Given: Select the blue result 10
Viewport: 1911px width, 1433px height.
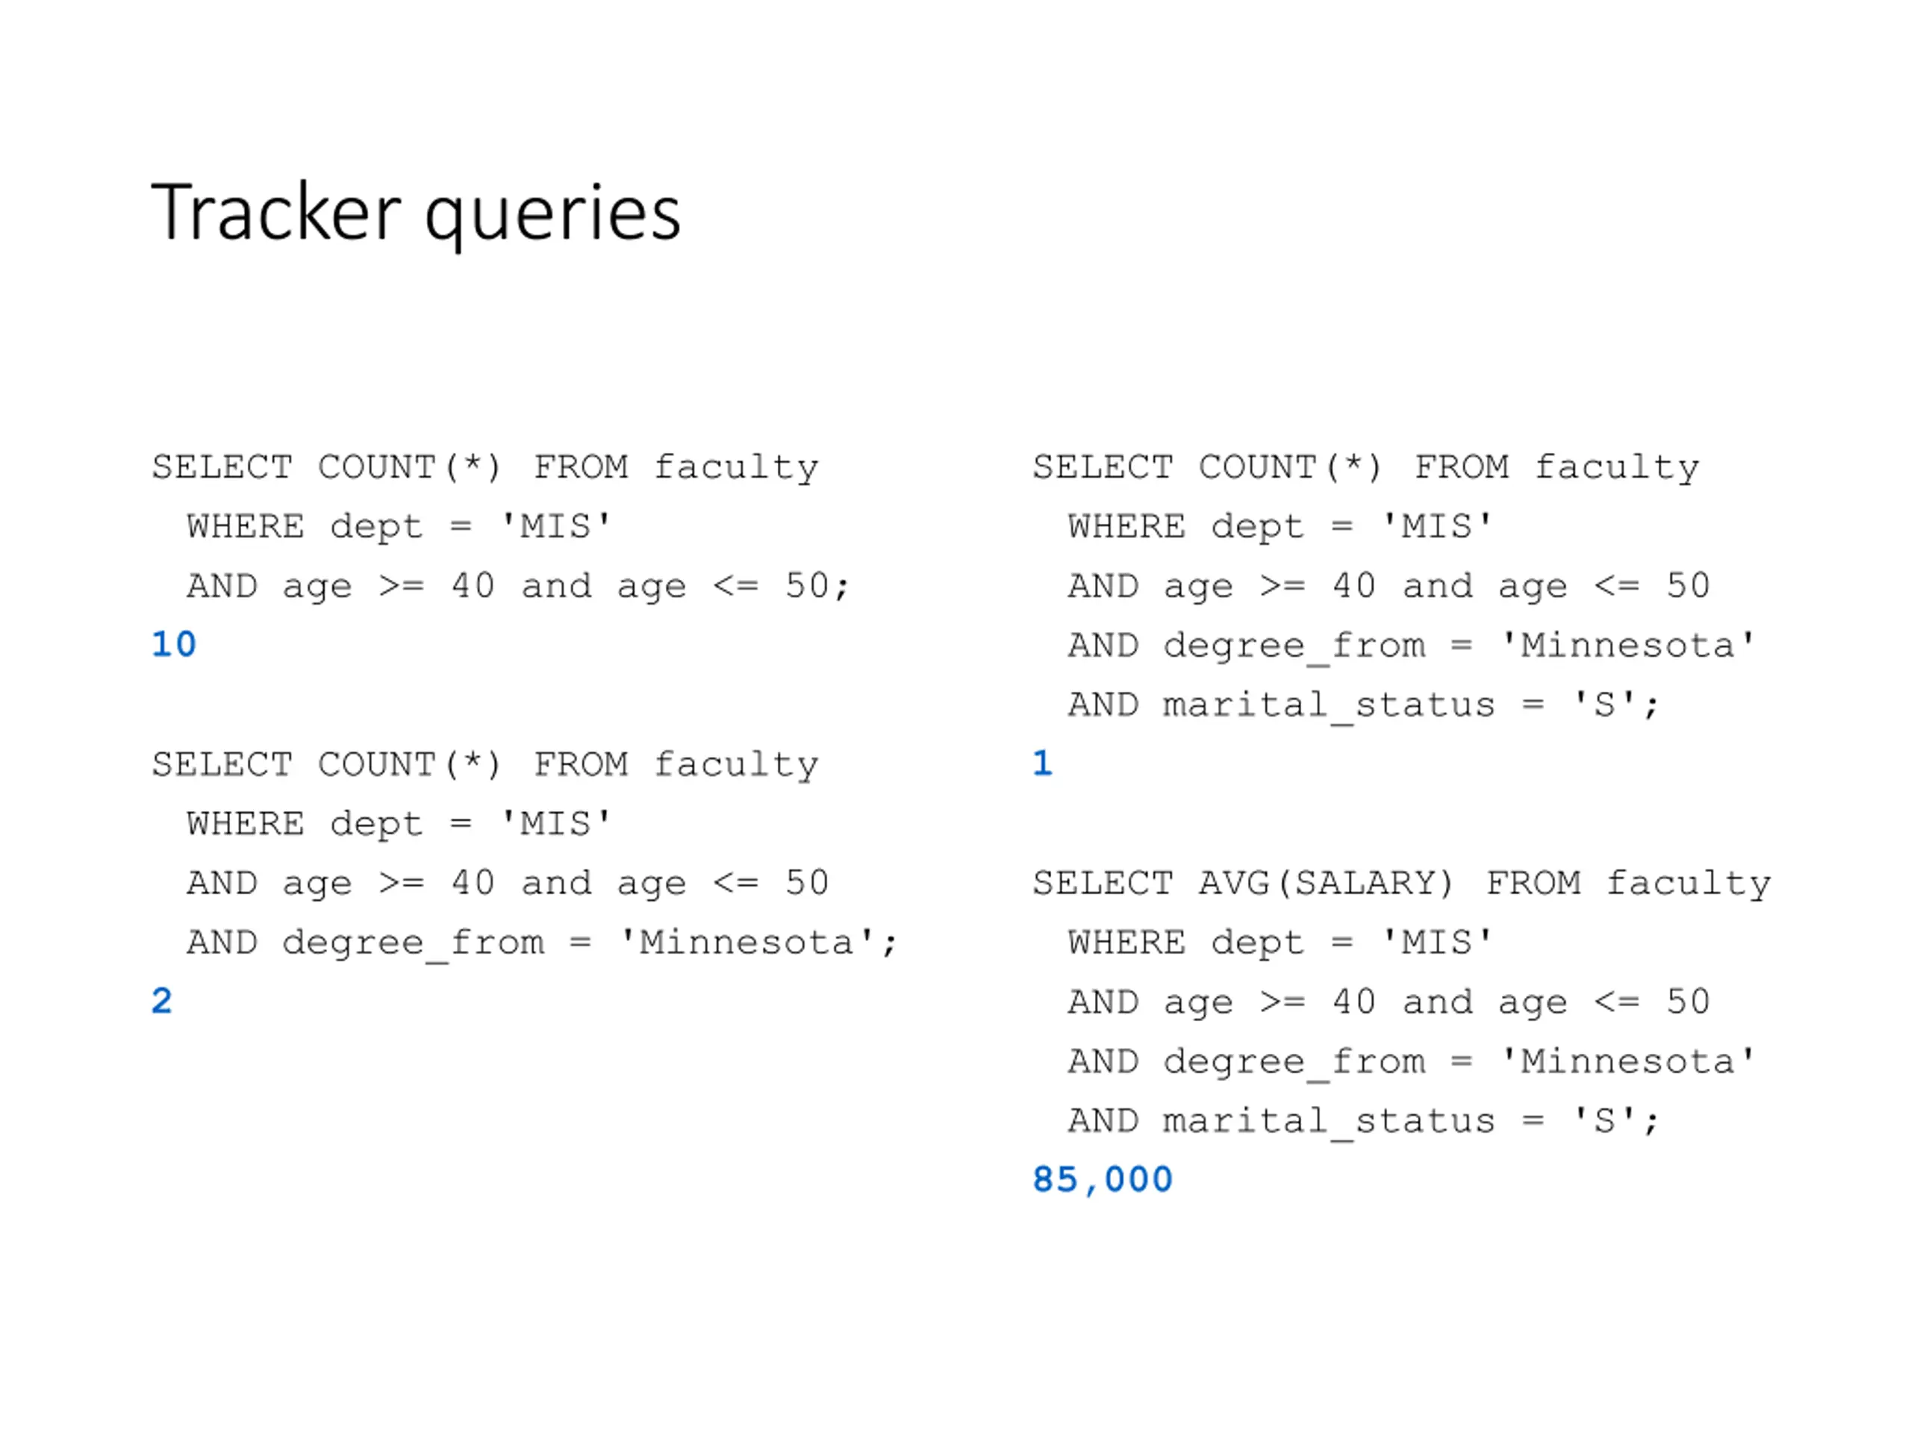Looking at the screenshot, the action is pos(174,644).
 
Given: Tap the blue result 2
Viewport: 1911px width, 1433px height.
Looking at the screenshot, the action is pos(161,1001).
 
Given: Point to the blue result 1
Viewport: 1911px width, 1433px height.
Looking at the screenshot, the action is pos(1043,764).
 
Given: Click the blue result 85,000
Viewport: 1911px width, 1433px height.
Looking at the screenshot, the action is pos(1103,1180).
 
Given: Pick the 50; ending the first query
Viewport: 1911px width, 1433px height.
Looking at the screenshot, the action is pos(817,587).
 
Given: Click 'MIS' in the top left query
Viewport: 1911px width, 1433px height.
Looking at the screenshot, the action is pos(556,527).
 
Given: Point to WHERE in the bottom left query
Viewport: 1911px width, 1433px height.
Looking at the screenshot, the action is pos(246,824).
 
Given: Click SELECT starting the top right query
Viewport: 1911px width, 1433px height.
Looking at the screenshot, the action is pos(1103,467).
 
